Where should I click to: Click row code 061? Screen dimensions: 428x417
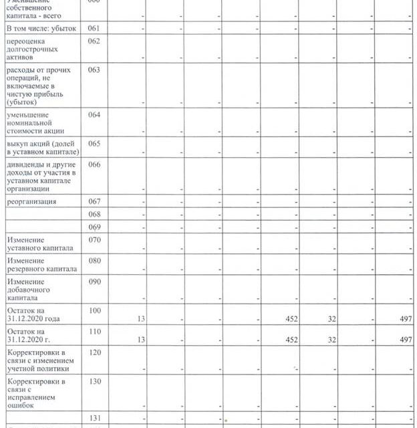[94, 29]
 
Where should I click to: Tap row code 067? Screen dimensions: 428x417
[94, 201]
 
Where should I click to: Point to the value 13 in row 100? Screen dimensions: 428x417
[140, 318]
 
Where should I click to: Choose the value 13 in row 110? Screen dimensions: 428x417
[140, 340]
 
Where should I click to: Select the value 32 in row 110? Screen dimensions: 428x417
[329, 340]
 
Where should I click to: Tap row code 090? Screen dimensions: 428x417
[94, 283]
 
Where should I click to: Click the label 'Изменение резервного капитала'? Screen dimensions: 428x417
[40, 264]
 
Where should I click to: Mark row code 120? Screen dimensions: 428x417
[94, 352]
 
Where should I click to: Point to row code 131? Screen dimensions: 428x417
[94, 418]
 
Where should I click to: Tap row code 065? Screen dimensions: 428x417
[94, 144]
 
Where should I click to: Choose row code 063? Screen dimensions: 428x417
[94, 70]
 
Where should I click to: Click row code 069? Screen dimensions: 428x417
[94, 228]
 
